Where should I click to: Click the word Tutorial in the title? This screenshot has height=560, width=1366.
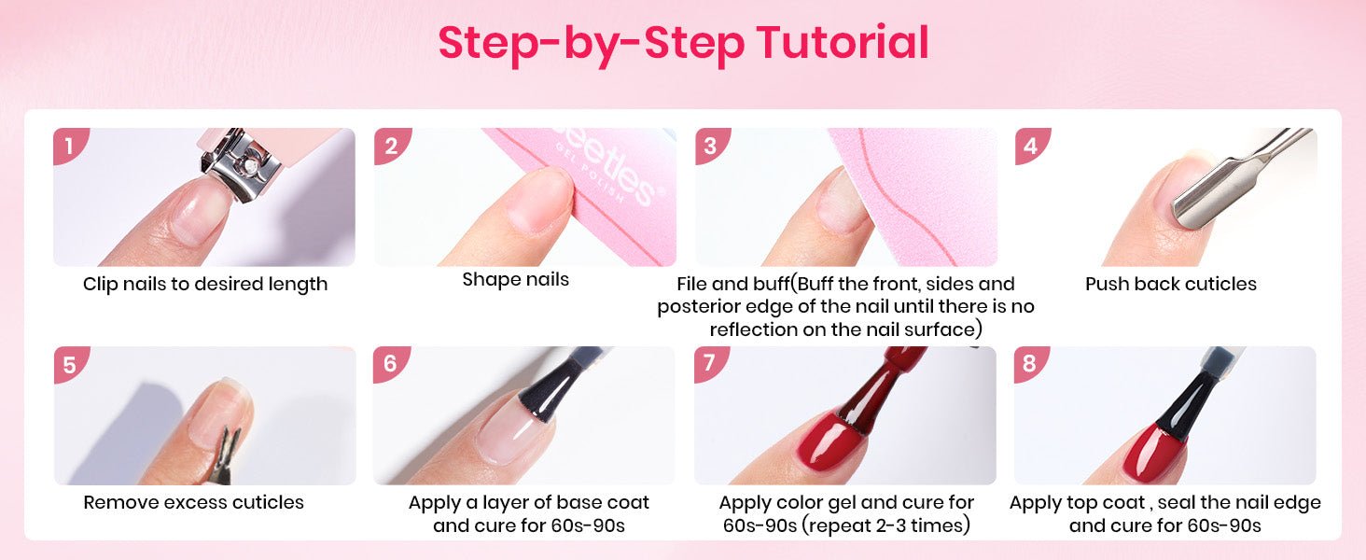[x=843, y=43]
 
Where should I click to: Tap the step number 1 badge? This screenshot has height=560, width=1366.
[x=70, y=146]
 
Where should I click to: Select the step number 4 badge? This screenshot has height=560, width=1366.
[x=1031, y=146]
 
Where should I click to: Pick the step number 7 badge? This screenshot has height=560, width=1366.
[x=710, y=364]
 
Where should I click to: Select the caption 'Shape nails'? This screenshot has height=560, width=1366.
[x=515, y=279]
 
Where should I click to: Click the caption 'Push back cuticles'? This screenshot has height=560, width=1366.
[x=1171, y=284]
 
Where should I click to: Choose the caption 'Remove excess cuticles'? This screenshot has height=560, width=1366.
[x=193, y=502]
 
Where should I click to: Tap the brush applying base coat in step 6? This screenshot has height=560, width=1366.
[x=551, y=385]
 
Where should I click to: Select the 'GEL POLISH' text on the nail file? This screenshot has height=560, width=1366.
[x=589, y=172]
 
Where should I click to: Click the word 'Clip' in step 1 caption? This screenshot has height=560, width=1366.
[x=100, y=285]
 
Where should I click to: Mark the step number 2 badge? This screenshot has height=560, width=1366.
[x=391, y=146]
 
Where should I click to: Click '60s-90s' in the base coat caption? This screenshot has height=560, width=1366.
[x=588, y=525]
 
